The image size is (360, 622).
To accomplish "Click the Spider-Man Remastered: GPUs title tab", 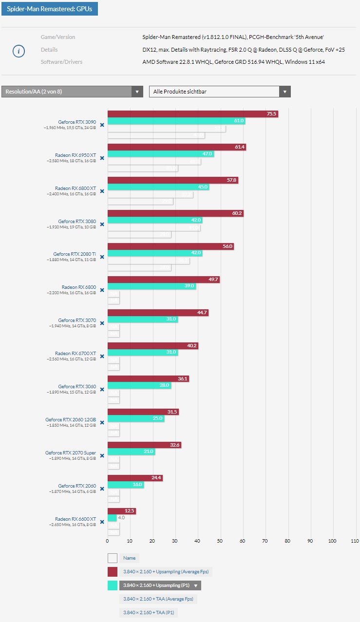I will pos(50,9).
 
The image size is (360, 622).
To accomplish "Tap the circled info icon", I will pos(19,51).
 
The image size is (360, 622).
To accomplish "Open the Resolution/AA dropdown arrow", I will pos(137,92).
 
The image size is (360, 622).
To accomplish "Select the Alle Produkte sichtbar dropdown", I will pos(220,92).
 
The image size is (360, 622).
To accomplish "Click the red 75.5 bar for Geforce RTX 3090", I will pos(192,114).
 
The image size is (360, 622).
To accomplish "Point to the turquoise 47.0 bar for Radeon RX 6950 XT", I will pos(160,154).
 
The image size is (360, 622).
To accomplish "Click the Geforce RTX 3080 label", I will pos(77,221).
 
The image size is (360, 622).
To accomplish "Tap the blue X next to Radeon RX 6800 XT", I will pos(102,191).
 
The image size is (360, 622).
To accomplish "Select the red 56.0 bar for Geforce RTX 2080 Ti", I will pos(170,246).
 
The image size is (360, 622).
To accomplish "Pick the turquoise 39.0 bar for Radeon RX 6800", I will pos(152,286).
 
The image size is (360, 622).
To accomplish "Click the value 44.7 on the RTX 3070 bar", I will pos(201,313).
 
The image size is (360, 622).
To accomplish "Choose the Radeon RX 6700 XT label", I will pos(76,354).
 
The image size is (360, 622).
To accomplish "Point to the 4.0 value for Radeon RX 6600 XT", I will pos(122,518).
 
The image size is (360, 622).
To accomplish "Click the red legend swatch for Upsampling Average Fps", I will pos(113,572).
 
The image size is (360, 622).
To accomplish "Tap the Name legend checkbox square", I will pos(113,558).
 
